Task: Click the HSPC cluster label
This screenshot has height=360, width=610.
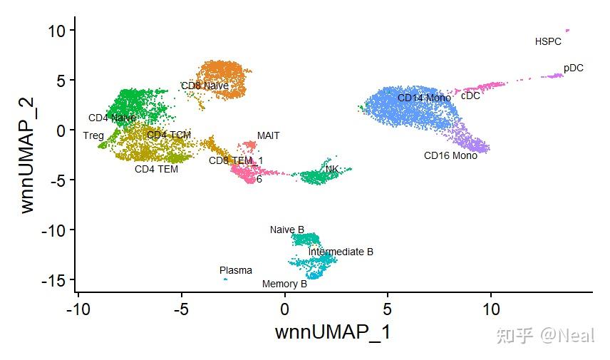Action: pyautogui.click(x=548, y=42)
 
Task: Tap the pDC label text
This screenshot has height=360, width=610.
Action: pyautogui.click(x=573, y=68)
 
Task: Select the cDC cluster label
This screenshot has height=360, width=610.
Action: pyautogui.click(x=470, y=96)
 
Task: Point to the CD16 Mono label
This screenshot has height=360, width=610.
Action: pyautogui.click(x=450, y=155)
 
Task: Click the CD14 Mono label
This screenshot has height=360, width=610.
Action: pyautogui.click(x=424, y=98)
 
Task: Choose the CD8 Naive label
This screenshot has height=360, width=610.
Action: pyautogui.click(x=205, y=86)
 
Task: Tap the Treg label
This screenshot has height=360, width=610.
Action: pyautogui.click(x=93, y=135)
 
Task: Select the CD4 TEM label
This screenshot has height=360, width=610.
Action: pyautogui.click(x=156, y=170)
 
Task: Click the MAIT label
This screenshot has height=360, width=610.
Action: pyautogui.click(x=269, y=135)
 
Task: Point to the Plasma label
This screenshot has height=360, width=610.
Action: pyautogui.click(x=235, y=270)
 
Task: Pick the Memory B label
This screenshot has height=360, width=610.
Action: pyautogui.click(x=284, y=284)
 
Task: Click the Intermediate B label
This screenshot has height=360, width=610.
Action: pyautogui.click(x=341, y=252)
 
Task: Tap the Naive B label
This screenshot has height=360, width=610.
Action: pyautogui.click(x=286, y=230)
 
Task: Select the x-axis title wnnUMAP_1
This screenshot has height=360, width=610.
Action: pyautogui.click(x=333, y=332)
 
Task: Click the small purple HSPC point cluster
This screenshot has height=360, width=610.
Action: pyautogui.click(x=567, y=31)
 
